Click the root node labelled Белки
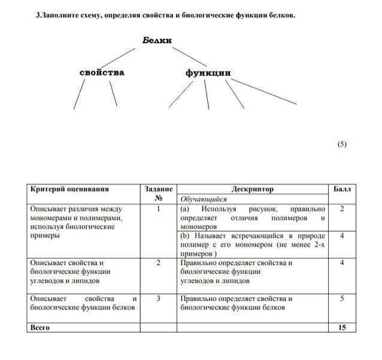157,40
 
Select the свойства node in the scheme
102,72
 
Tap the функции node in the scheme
208,73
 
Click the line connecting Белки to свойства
123,56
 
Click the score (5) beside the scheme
342,144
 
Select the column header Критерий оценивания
69,189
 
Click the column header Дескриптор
251,189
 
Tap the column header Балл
342,189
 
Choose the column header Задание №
159,193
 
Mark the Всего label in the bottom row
40,327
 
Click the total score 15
342,327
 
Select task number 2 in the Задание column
158,263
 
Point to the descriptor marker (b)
184,236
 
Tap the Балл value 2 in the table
342,209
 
